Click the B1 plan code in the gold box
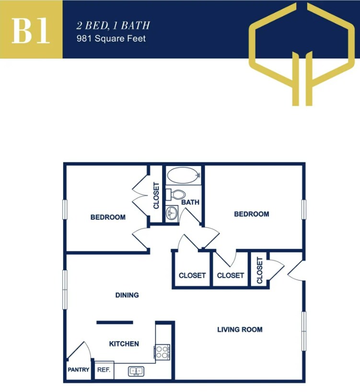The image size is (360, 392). tap(31, 30)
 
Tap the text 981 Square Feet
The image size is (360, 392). tap(111, 38)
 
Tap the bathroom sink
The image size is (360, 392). tap(172, 213)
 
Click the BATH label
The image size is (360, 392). tap(190, 202)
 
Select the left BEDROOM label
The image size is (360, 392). tap(108, 217)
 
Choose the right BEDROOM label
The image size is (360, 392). tap(251, 214)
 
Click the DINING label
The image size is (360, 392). tap(127, 295)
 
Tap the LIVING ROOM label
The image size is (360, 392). tap(240, 330)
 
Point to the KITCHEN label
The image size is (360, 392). tap(124, 344)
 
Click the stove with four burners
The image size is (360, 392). tap(162, 352)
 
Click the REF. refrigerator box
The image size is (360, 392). tap(104, 370)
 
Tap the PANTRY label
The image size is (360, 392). tap(78, 370)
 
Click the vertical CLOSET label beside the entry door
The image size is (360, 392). tap(260, 271)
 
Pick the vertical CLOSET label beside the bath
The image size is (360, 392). tap(156, 195)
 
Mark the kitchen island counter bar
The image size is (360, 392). tap(115, 322)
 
